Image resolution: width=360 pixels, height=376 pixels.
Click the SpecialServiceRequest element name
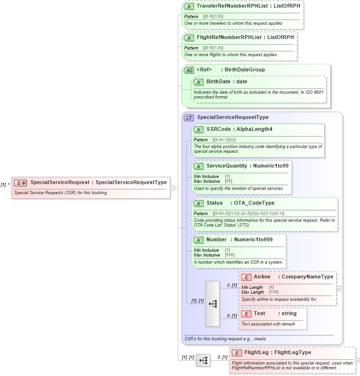[x=60, y=182]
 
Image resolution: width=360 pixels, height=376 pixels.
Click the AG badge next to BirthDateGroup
[x=189, y=70]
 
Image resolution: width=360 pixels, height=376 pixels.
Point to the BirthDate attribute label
[x=218, y=82]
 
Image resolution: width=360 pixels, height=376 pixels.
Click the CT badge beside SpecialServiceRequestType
[x=189, y=118]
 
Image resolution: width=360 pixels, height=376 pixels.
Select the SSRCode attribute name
[x=219, y=129]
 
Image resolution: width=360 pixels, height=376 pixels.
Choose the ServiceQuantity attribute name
[x=226, y=166]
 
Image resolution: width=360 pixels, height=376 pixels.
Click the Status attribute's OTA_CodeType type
[x=254, y=203]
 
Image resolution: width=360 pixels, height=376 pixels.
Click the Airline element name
[x=262, y=277]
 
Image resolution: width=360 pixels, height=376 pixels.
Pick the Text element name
[x=260, y=314]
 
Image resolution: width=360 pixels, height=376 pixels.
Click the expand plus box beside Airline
[x=339, y=288]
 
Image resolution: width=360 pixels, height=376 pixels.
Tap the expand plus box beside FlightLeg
[x=358, y=361]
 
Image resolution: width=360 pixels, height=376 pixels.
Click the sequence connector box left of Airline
[x=213, y=304]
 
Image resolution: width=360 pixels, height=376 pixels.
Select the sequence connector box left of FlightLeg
[x=203, y=361]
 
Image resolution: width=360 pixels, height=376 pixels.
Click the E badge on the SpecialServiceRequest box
[x=20, y=183]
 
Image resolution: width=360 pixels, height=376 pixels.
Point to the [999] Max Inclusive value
[x=229, y=255]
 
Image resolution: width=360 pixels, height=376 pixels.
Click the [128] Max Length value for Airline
[x=273, y=292]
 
